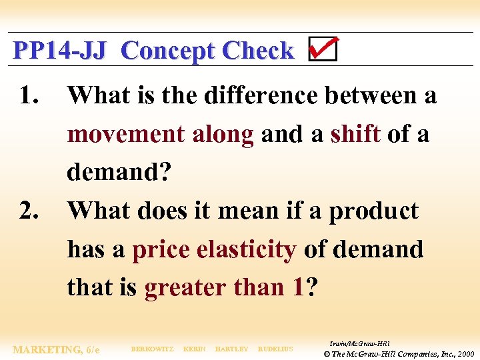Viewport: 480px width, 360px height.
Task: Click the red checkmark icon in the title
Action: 323,49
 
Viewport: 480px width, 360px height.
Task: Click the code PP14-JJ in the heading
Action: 59,51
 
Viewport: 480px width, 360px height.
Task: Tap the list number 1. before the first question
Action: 29,96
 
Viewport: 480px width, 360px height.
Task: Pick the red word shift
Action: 356,135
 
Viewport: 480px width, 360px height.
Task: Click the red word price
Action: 161,250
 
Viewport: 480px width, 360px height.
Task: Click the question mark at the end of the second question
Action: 312,288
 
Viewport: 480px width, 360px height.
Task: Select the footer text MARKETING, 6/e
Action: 56,350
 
